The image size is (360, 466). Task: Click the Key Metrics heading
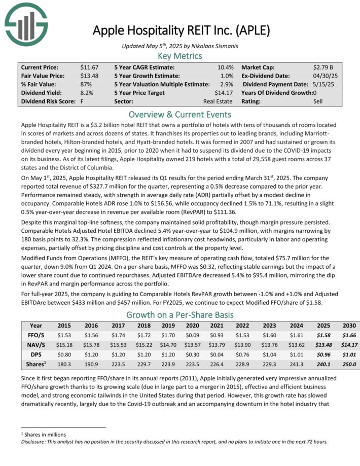tap(179, 56)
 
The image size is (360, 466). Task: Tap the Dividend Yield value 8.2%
tap(87, 93)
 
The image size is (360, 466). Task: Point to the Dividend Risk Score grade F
tap(82, 101)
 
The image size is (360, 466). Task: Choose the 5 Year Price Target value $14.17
tap(224, 93)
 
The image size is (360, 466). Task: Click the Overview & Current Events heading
tap(179, 114)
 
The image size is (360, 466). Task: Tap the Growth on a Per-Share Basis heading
tap(179, 314)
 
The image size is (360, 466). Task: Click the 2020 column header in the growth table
tap(192, 326)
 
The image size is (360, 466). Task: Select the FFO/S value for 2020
tap(192, 335)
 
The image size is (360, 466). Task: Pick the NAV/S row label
tap(36, 344)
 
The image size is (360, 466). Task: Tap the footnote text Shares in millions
tap(46, 435)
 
